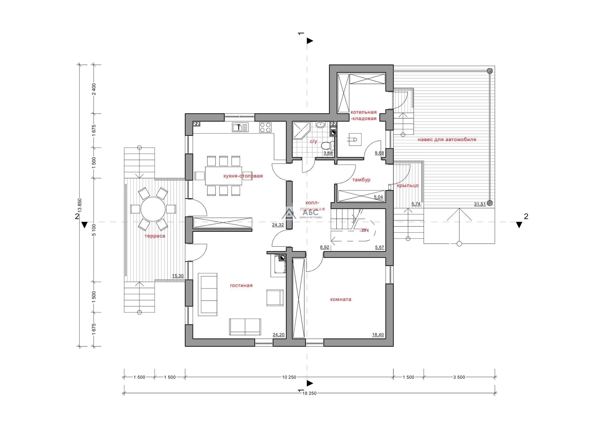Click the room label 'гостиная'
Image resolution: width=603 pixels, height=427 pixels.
point(241,286)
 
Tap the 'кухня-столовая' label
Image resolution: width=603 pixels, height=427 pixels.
point(243,176)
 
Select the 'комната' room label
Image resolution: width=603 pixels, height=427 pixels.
point(341,299)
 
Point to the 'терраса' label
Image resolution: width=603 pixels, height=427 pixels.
point(155,236)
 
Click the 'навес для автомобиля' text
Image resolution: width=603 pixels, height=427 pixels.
point(447,140)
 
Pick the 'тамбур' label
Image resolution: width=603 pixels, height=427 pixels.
point(361,180)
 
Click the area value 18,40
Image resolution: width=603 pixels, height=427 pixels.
point(378,335)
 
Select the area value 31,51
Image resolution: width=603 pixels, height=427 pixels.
point(480,204)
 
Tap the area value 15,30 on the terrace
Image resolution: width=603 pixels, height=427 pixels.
point(178,276)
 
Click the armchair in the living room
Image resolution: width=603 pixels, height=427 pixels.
point(275,298)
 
